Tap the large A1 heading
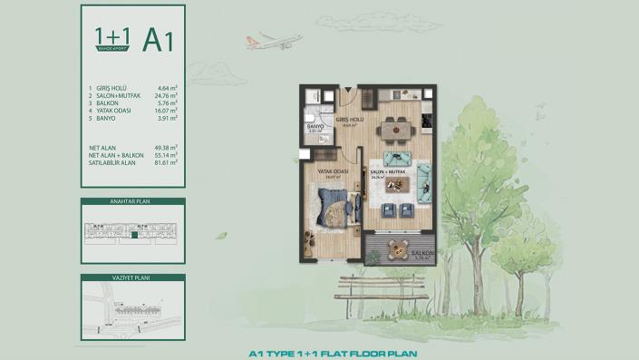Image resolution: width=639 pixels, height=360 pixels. click(x=158, y=39)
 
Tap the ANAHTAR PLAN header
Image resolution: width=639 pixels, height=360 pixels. click(x=132, y=203)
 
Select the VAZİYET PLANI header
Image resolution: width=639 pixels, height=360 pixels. click(x=132, y=278)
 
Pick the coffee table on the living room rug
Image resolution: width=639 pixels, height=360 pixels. click(x=396, y=186)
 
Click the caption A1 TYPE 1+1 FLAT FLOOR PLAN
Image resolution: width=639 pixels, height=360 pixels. click(x=319, y=354)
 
